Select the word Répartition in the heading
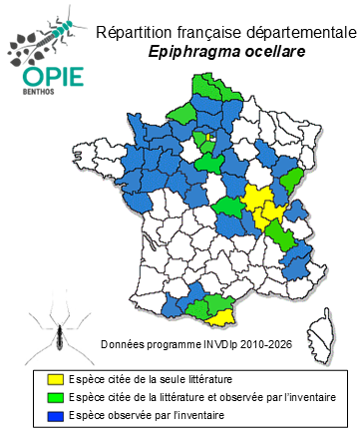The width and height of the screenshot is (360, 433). (132, 34)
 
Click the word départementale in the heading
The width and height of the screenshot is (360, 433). (290, 34)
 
